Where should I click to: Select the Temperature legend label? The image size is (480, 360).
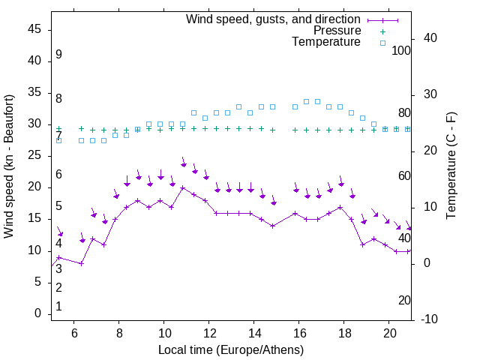tap(326, 42)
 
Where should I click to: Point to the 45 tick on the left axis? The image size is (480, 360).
tap(34, 29)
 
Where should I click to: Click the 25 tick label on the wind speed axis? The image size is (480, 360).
tap(34, 156)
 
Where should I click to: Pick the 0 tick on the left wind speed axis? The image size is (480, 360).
tap(37, 313)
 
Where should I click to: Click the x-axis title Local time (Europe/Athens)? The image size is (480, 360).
tap(231, 350)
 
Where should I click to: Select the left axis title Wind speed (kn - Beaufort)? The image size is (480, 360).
tap(9, 166)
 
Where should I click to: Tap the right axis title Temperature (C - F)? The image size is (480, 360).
tap(451, 166)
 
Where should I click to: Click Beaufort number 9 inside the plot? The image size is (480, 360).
tap(58, 55)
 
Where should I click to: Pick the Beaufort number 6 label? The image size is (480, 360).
tap(58, 175)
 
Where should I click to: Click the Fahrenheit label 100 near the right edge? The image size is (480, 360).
tap(401, 51)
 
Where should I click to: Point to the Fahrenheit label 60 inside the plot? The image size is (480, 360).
tap(404, 175)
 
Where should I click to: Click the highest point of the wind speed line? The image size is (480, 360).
tap(182, 188)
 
